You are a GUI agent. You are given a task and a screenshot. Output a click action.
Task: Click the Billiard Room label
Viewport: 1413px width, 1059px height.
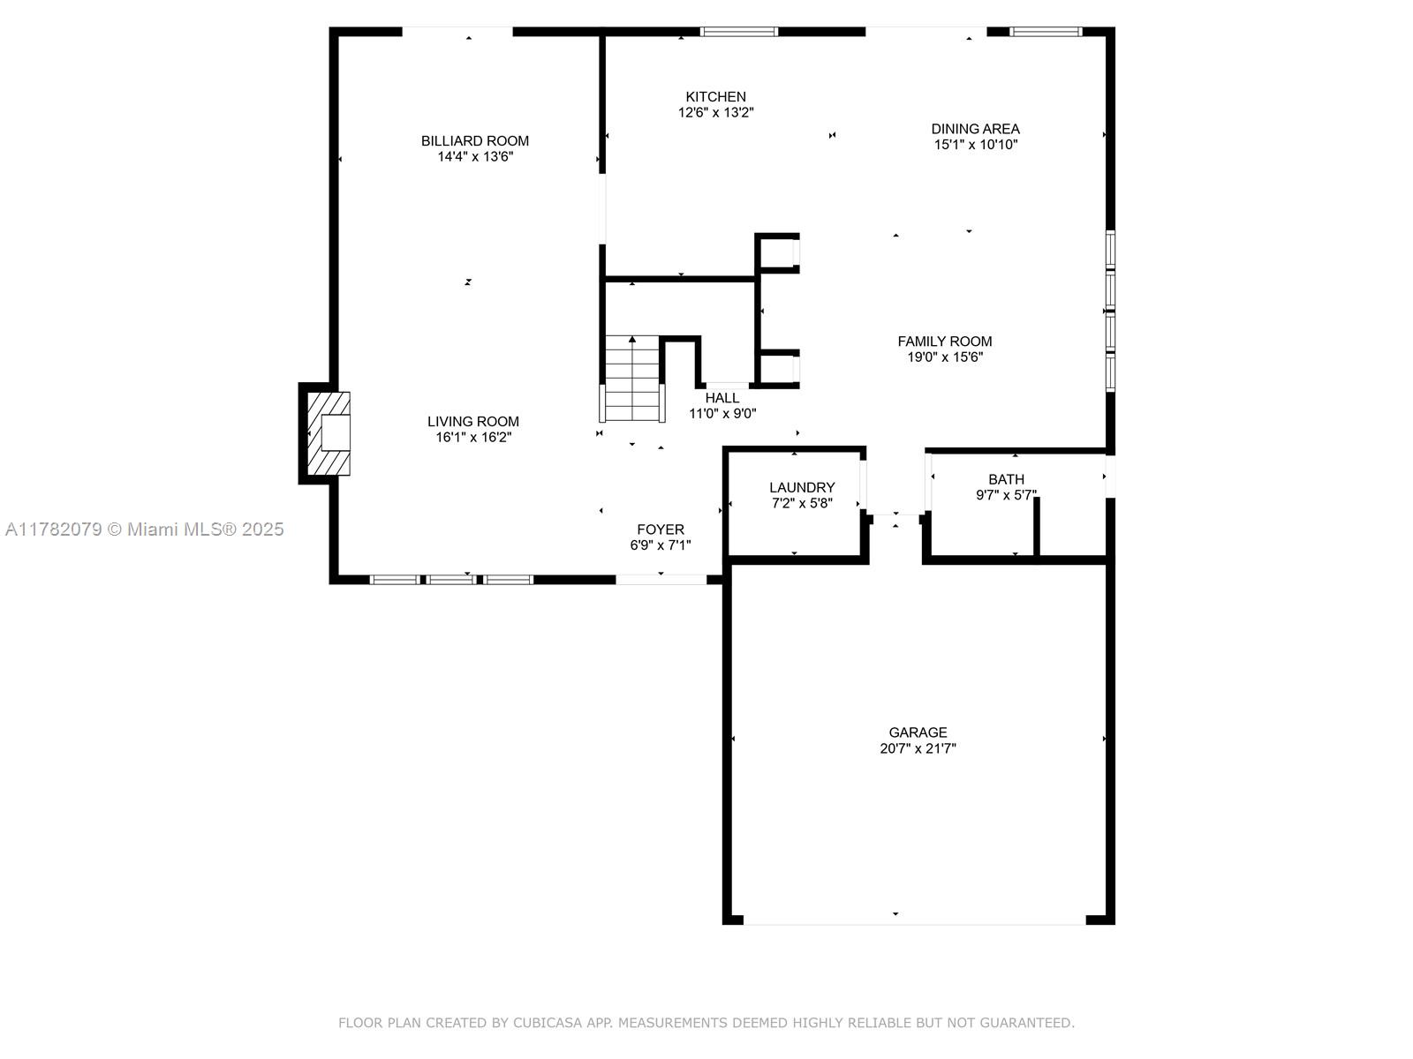[x=475, y=141]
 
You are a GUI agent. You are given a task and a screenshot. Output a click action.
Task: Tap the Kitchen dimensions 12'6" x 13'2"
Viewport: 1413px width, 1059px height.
[x=716, y=113]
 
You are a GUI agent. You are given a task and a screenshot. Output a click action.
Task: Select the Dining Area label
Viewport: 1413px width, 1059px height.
[x=975, y=129]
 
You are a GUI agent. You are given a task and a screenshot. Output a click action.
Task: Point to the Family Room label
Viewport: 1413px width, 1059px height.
[x=945, y=342]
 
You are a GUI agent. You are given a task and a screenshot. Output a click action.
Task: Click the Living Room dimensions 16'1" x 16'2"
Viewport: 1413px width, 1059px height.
[x=473, y=437]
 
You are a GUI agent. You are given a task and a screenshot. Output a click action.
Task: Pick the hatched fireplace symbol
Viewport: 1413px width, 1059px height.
[x=329, y=433]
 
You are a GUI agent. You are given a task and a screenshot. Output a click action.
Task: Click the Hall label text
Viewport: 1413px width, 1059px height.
[x=722, y=398]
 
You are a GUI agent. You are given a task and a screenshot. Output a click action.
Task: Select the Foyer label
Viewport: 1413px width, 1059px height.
[x=661, y=529]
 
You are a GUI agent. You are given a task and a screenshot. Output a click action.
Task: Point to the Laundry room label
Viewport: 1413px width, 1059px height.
[x=802, y=487]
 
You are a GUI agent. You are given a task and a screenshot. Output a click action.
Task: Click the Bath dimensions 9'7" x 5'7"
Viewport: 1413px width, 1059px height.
[x=1006, y=495]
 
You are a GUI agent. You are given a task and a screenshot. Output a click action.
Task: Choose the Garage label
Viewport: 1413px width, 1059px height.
[x=918, y=732]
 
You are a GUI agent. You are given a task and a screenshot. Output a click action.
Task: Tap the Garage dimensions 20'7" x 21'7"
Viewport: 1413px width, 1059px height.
[x=918, y=748]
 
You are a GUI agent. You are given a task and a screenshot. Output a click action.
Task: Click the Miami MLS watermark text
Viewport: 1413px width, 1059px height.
[x=145, y=529]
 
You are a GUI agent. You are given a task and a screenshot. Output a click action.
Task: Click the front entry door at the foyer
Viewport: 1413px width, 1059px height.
[x=661, y=579]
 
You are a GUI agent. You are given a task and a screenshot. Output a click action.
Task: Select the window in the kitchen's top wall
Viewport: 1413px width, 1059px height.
[x=739, y=32]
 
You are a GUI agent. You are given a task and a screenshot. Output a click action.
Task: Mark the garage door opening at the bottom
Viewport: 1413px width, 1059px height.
[x=915, y=920]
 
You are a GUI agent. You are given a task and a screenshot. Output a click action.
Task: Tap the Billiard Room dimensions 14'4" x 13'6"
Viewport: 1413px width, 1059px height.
[x=475, y=157]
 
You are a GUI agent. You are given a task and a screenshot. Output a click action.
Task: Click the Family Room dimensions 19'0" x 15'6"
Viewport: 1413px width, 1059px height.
[x=945, y=357]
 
